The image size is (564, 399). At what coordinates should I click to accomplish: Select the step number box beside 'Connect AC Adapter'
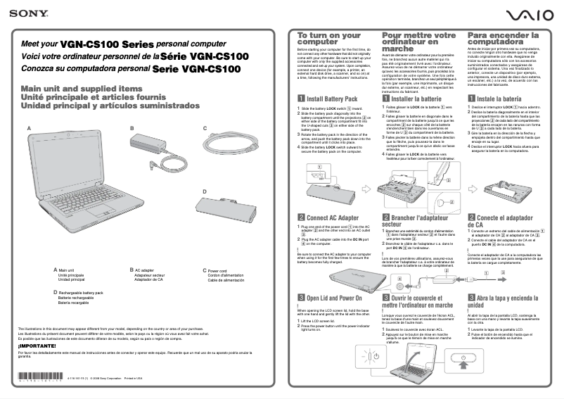pos(302,218)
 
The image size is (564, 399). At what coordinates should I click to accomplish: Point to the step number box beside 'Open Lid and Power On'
pos(302,297)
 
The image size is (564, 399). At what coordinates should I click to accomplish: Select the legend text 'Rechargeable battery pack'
pos(80,291)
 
